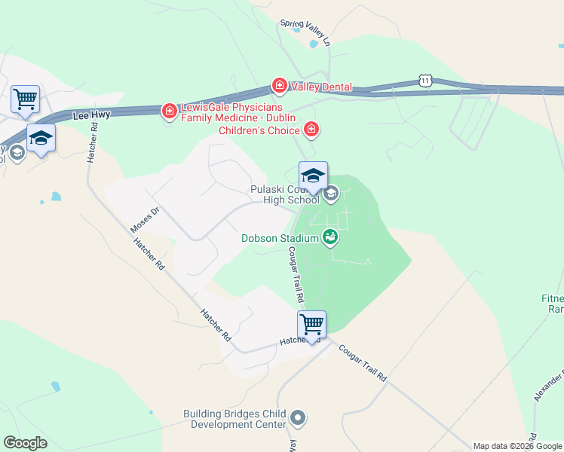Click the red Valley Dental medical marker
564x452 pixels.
click(279, 87)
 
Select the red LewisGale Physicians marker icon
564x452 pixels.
click(169, 112)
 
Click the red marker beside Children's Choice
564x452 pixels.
click(311, 131)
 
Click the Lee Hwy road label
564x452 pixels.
click(90, 116)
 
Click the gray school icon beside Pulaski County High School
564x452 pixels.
click(330, 195)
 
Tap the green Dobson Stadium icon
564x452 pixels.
click(330, 237)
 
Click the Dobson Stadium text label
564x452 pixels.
click(279, 238)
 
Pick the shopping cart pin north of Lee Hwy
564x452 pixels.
click(25, 99)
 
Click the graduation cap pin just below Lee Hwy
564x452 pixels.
click(41, 139)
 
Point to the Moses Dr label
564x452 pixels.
click(145, 219)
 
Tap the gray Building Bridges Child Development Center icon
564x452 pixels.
click(298, 417)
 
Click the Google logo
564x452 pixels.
click(25, 443)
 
